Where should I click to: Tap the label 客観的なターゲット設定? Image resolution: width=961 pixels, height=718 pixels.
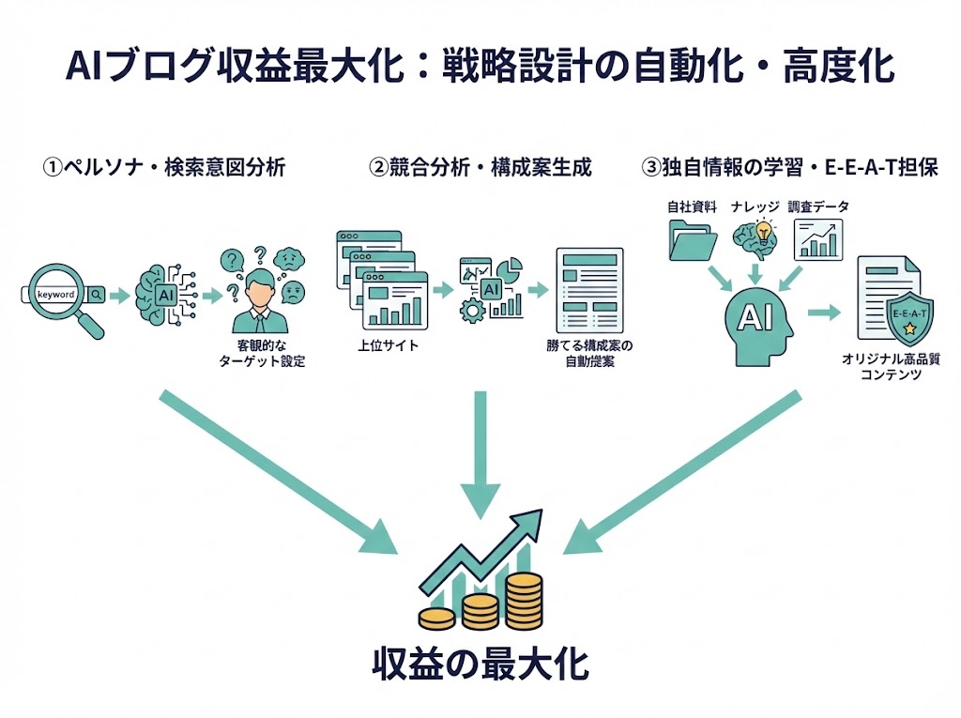click(x=262, y=353)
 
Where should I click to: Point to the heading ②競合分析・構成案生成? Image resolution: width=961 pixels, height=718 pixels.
click(x=480, y=168)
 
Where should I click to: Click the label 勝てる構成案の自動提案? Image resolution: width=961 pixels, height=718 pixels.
click(x=589, y=353)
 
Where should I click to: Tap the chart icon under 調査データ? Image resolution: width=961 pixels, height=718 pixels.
click(x=817, y=238)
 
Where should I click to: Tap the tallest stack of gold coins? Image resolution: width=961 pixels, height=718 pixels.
click(x=523, y=601)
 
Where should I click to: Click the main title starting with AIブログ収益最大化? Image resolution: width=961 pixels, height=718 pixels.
click(x=480, y=69)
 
